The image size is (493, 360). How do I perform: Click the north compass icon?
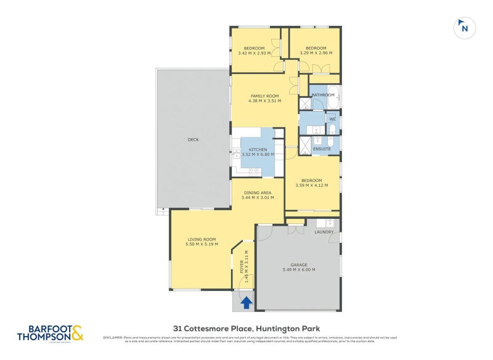pos(464,27)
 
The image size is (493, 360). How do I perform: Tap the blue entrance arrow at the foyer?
pos(246,302)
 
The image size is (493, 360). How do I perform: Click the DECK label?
pos(193,139)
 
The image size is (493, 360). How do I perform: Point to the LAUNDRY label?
pos(324,232)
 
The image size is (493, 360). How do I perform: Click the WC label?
pos(332,119)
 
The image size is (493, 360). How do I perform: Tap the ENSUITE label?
pos(322,149)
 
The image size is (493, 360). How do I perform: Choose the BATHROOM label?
pos(323,95)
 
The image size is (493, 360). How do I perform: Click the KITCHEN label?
pos(258,150)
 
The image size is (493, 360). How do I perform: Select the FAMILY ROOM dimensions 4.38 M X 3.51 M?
pos(264,101)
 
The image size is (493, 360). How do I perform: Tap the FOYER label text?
pos(242,266)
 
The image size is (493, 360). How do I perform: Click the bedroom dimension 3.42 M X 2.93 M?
pos(254,54)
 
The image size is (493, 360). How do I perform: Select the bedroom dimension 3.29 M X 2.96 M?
pos(316,54)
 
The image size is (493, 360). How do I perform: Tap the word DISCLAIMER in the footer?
pos(114,337)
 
